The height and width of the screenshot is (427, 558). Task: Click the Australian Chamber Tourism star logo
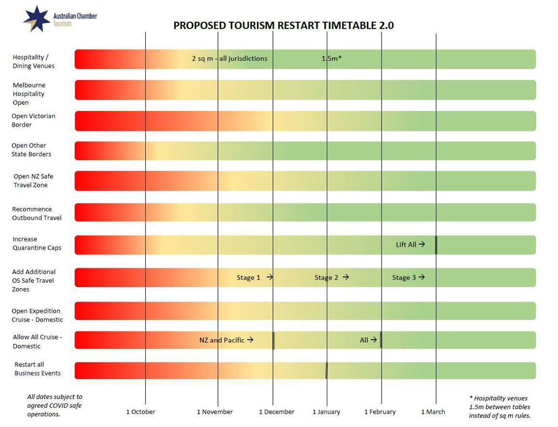(36, 19)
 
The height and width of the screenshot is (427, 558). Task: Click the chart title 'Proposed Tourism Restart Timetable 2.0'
(283, 26)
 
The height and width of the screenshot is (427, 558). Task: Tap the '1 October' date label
(140, 412)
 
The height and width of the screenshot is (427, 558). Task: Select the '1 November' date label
(215, 412)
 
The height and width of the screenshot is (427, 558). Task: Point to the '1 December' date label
(277, 412)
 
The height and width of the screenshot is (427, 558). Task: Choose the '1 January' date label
(326, 412)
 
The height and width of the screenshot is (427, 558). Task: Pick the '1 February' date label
(380, 412)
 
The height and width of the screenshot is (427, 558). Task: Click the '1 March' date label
(433, 412)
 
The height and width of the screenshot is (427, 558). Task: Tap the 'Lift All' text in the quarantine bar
(406, 244)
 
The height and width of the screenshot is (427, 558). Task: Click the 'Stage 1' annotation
(249, 278)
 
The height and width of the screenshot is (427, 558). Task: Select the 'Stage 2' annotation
(327, 278)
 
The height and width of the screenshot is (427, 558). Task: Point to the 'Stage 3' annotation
(404, 278)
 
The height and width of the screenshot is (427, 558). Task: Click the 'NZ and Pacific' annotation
(222, 340)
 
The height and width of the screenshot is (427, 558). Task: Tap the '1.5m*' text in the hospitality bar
(332, 59)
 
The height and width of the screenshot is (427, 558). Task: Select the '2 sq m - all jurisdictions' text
(230, 59)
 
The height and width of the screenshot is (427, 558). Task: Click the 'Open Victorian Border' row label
(34, 121)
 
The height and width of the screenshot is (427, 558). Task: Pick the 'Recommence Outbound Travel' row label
(37, 213)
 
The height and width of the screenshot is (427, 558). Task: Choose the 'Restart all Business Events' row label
(37, 369)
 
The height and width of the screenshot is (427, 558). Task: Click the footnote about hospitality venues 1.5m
(499, 407)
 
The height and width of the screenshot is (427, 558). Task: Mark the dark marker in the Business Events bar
(326, 370)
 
